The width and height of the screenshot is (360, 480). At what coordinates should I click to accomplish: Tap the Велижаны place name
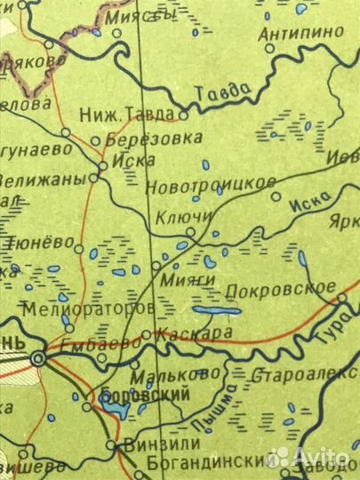click(44, 179)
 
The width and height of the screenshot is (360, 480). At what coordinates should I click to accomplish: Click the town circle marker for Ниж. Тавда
click(184, 116)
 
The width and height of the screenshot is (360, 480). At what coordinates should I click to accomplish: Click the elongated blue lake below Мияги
click(216, 311)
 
